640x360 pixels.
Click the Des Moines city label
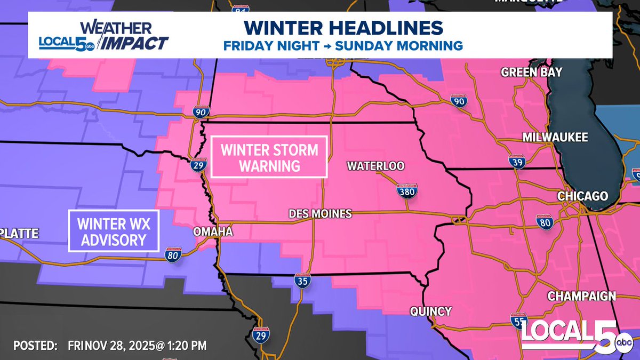319,214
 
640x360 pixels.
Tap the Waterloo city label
375,166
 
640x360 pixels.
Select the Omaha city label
213,232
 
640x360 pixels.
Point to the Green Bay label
531,73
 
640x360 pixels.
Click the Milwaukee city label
555,138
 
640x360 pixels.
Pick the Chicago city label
582,196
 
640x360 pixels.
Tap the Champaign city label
581,296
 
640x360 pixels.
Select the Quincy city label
431,311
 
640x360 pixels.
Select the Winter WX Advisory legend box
115,231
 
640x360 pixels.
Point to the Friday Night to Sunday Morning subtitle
343,46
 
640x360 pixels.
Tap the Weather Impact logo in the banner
105,36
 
